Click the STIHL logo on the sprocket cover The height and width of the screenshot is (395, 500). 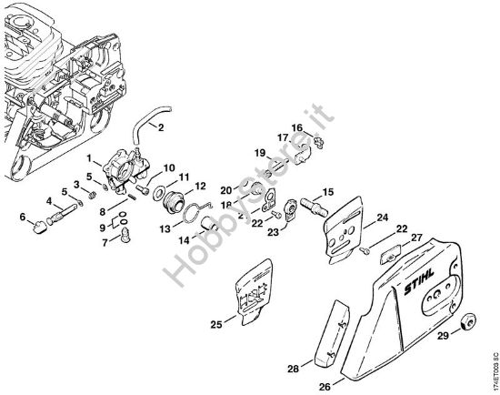point(419,281)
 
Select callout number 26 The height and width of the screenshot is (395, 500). point(325,387)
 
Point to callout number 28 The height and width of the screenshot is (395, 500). point(294,369)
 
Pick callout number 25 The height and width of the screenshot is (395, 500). point(216,324)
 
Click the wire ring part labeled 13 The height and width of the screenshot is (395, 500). point(195,212)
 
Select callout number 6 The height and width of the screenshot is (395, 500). point(23,218)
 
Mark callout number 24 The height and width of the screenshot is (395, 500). point(383,218)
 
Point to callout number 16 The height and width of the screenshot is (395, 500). point(297,127)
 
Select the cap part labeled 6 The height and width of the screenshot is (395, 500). point(40,227)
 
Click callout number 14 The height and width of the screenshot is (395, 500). point(184,240)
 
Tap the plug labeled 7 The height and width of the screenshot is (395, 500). point(126,236)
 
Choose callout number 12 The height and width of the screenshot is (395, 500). point(200,186)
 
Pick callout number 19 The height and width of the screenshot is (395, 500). point(260,153)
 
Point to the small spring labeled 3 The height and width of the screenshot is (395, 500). point(92,194)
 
